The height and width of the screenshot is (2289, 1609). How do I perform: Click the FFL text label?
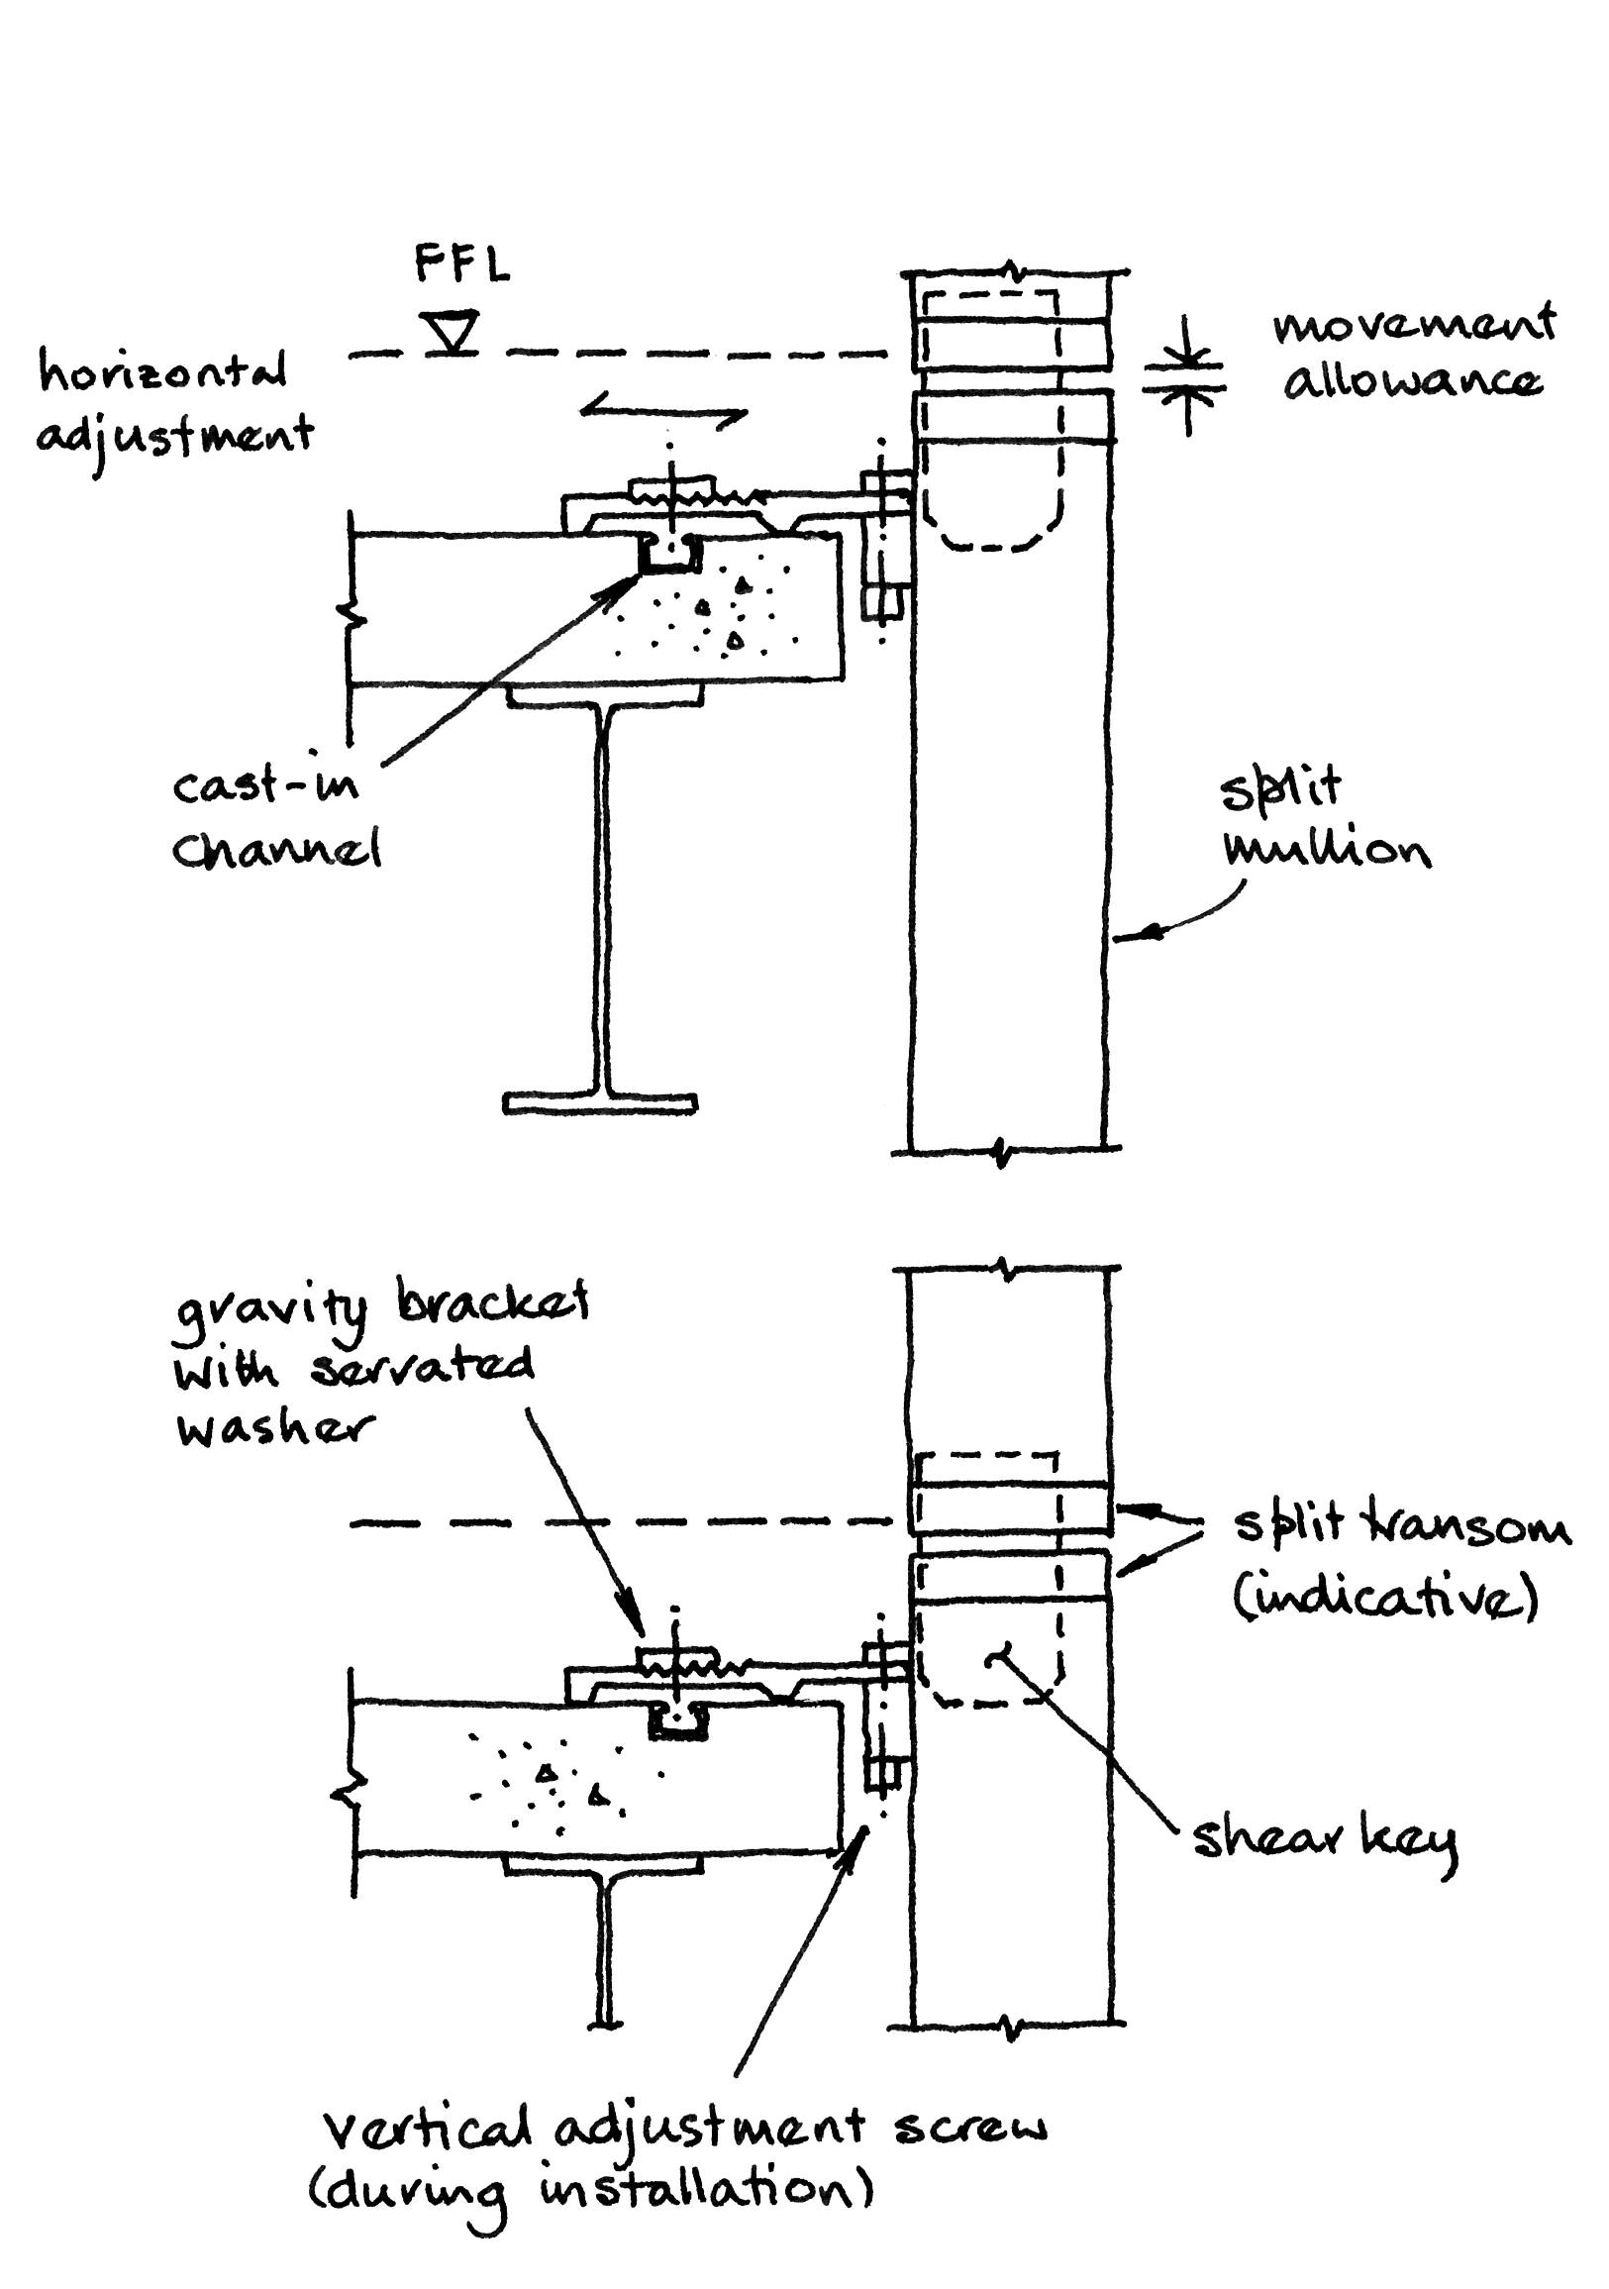461,266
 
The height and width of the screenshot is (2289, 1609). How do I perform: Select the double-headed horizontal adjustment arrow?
663,409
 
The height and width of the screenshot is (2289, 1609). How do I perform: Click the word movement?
1414,325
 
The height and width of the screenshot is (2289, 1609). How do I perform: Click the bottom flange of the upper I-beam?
600,1102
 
